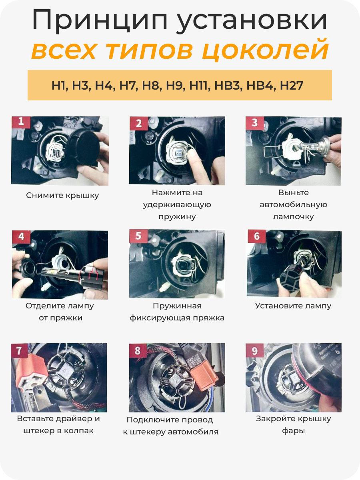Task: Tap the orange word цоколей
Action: pyautogui.click(x=265, y=50)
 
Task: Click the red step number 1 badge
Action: pyautogui.click(x=21, y=122)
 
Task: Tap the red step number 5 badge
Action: pyautogui.click(x=138, y=236)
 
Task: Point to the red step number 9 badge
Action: pyautogui.click(x=255, y=350)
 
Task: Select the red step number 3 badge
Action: pyautogui.click(x=255, y=123)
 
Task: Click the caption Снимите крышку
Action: pyautogui.click(x=62, y=195)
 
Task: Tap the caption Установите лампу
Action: pyautogui.click(x=293, y=306)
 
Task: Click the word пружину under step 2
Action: pyautogui.click(x=177, y=217)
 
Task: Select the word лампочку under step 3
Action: pyautogui.click(x=293, y=217)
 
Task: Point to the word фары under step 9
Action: pyautogui.click(x=293, y=431)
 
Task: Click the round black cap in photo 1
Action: pyautogui.click(x=84, y=148)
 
